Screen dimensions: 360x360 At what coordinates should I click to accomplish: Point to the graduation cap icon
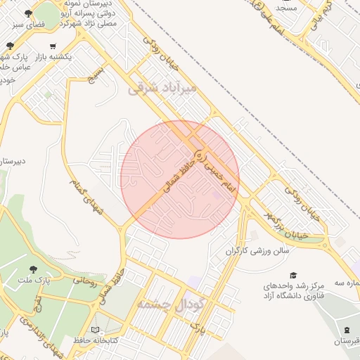click(x=293, y=275)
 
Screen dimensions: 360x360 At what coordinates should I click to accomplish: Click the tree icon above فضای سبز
click(x=27, y=14)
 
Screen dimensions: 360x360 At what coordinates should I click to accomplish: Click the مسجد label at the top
click(x=286, y=8)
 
